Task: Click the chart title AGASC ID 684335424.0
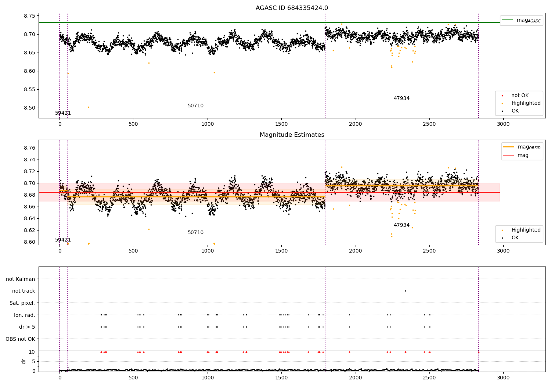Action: point(292,8)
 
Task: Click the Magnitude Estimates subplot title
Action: point(292,135)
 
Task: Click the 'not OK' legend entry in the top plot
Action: point(519,96)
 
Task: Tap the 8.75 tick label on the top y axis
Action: point(29,16)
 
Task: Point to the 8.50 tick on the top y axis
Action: point(29,108)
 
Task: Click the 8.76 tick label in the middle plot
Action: point(29,148)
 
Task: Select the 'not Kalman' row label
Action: point(21,279)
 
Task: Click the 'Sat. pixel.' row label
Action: point(22,303)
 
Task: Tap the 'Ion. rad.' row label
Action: point(24,315)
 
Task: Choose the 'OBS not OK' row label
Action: point(20,339)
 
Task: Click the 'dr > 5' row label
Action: point(27,327)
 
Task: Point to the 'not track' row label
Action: point(24,291)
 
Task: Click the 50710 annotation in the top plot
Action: point(195,106)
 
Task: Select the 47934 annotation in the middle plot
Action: point(401,225)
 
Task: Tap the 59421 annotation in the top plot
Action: point(63,113)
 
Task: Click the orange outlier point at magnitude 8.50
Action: point(89,107)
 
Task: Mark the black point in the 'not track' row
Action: point(405,291)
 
